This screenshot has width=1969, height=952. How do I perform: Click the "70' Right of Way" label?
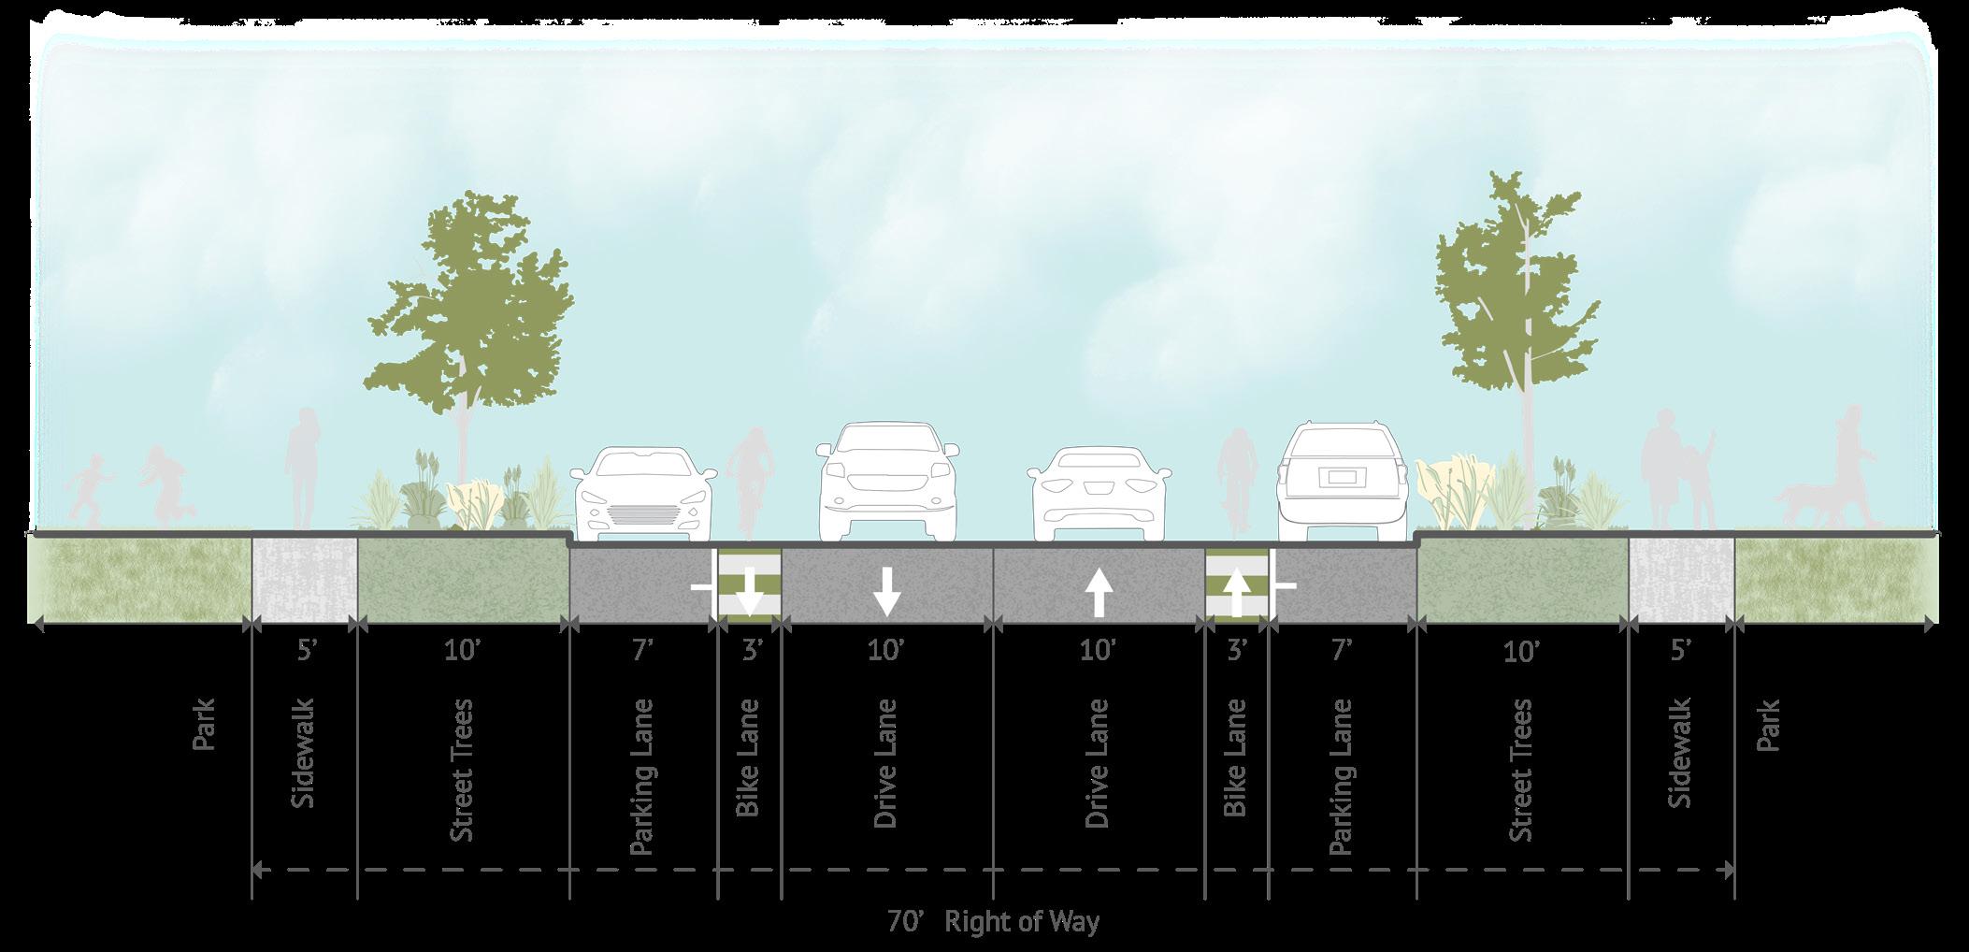[x=994, y=922]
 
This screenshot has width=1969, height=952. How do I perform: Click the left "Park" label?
[x=204, y=725]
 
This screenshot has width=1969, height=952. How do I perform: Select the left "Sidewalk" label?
[x=304, y=753]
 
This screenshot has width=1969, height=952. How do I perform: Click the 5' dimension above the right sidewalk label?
[x=1681, y=649]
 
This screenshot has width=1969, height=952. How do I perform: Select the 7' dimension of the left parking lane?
[x=640, y=649]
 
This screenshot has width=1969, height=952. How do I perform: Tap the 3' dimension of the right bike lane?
[x=1236, y=649]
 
